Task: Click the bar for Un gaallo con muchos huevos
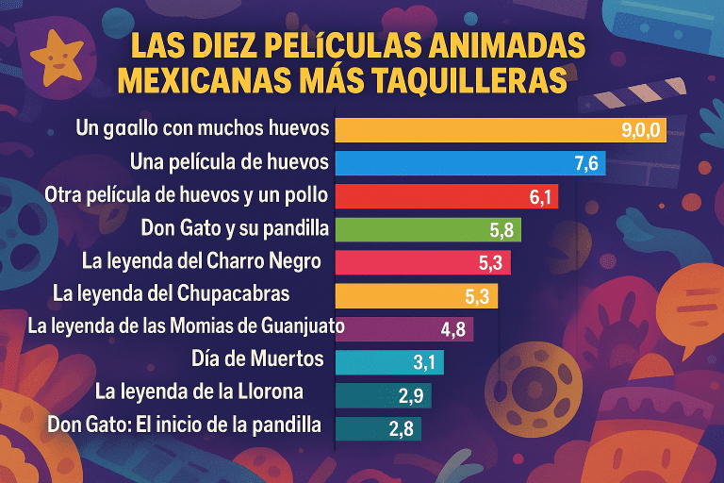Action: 500,129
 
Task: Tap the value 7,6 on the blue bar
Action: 586,163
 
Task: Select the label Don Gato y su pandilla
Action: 235,228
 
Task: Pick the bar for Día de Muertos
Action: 388,362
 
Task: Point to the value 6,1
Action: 539,196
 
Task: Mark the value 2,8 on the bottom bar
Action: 403,427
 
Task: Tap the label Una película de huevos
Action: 230,162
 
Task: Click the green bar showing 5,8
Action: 427,229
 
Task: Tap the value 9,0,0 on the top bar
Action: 644,130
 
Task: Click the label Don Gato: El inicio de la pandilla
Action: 184,425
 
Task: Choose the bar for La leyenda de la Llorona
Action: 383,395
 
